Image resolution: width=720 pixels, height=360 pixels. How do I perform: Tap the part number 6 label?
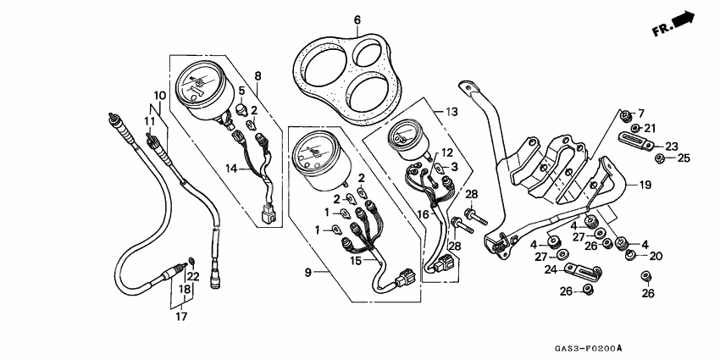coord(357,19)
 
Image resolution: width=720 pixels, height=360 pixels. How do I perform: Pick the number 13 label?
coord(451,112)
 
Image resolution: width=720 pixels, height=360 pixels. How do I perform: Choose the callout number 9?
coord(308,272)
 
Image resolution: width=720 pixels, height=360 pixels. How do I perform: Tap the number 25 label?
coord(684,158)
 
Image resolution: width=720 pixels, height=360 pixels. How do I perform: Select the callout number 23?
coord(672,145)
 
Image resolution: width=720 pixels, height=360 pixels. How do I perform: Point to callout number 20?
coord(656,255)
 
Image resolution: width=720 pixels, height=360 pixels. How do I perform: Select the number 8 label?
coord(258,75)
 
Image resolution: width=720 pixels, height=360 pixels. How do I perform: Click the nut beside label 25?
coord(661,158)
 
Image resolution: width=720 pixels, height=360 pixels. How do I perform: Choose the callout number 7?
coord(640,114)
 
